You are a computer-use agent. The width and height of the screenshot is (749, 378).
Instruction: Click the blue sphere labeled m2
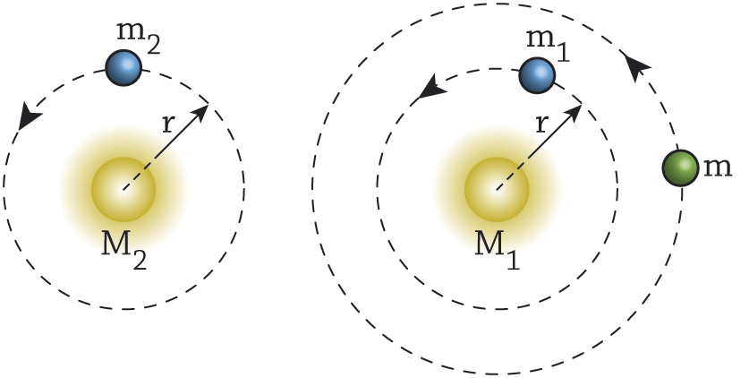click(x=123, y=67)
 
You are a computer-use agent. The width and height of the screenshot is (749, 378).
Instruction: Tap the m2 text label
click(x=138, y=38)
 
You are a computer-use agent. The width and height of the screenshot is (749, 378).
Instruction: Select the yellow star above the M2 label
click(x=123, y=190)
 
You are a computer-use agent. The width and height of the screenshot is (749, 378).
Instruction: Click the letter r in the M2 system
click(x=166, y=124)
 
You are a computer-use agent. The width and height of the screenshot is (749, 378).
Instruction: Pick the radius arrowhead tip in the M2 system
click(x=209, y=105)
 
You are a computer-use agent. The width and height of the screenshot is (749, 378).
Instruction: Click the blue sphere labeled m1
click(x=536, y=75)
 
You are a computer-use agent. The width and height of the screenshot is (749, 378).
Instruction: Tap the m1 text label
click(x=548, y=45)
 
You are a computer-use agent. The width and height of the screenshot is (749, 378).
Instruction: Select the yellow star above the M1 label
click(x=497, y=190)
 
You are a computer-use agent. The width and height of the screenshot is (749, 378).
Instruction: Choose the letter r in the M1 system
click(x=540, y=124)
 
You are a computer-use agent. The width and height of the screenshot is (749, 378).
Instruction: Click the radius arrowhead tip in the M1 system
click(x=582, y=105)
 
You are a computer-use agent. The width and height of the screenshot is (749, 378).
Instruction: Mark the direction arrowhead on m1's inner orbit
click(x=432, y=87)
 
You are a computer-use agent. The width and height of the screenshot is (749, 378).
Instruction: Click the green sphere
click(x=680, y=168)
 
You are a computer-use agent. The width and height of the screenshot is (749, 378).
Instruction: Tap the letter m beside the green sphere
click(x=718, y=168)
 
